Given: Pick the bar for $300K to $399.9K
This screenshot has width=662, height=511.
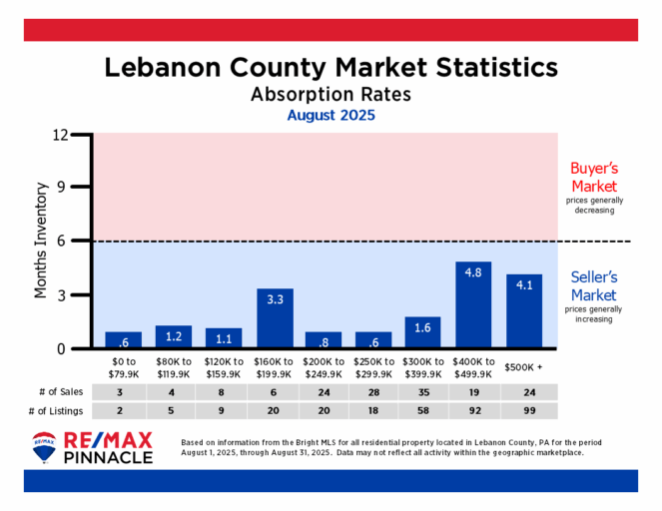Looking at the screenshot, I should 423,332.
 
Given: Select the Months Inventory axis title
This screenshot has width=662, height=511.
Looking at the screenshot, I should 42,240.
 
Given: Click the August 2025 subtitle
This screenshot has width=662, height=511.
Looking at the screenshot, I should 331,115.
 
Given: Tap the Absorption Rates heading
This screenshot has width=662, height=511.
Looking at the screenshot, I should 331,95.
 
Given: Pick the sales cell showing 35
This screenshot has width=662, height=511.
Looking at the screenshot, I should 423,392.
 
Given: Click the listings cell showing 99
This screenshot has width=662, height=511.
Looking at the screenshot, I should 523,410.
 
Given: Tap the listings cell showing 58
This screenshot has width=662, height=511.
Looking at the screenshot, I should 423,410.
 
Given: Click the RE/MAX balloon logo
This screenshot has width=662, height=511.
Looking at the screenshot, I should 44,447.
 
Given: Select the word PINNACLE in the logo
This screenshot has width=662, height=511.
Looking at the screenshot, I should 108,458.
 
